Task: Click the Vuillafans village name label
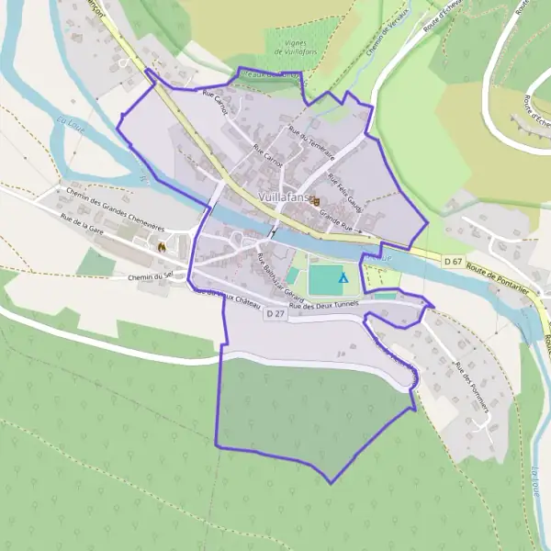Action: click(285, 197)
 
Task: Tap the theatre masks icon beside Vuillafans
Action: click(315, 201)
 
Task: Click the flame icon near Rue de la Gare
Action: click(161, 246)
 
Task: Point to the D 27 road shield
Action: click(272, 314)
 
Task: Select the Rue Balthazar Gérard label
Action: click(280, 273)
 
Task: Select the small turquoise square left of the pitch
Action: click(293, 275)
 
